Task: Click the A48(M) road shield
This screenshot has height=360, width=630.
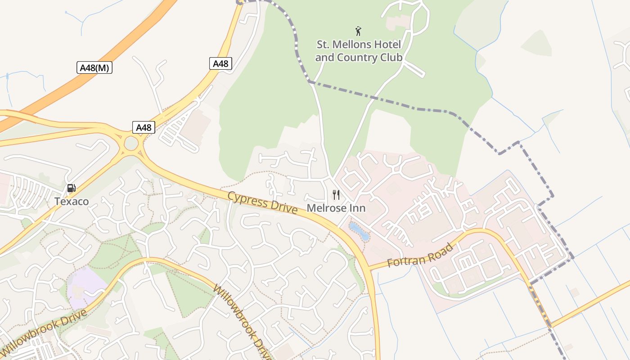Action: [x=94, y=68]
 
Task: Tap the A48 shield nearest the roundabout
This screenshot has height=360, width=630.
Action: [x=144, y=127]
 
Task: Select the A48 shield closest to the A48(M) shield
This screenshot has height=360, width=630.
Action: [x=220, y=63]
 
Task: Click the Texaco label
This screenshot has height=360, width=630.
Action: [x=72, y=201]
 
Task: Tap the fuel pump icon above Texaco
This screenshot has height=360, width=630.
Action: [x=71, y=188]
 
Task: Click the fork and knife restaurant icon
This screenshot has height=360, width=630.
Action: [x=336, y=194]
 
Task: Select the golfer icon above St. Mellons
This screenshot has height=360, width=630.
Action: [x=358, y=31]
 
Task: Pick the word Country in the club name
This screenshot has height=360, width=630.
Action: [x=359, y=58]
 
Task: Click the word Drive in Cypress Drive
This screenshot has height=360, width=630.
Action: [x=281, y=207]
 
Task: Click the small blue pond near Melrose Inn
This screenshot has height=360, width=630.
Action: [x=360, y=231]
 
